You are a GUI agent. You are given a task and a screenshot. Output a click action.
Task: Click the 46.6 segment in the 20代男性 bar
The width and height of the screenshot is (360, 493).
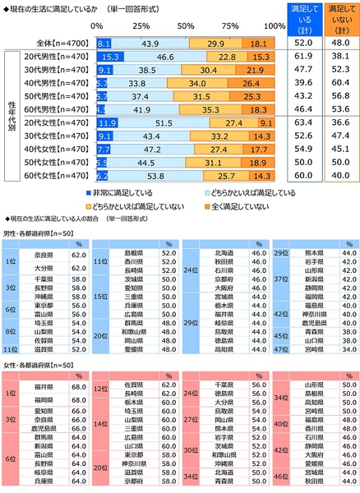[153, 57]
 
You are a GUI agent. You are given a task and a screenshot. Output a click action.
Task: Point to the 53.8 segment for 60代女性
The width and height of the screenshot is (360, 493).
[152, 175]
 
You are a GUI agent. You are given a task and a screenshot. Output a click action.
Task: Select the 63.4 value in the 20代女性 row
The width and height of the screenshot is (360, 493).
[303, 122]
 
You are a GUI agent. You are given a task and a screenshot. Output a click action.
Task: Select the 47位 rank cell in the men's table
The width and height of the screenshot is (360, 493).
[279, 348]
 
